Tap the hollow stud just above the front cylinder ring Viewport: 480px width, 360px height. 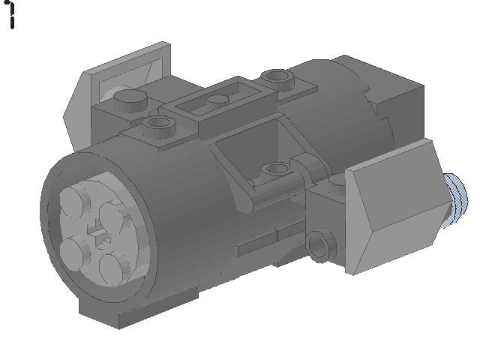click(x=159, y=126)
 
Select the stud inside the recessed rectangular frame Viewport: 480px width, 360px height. click(x=217, y=100)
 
